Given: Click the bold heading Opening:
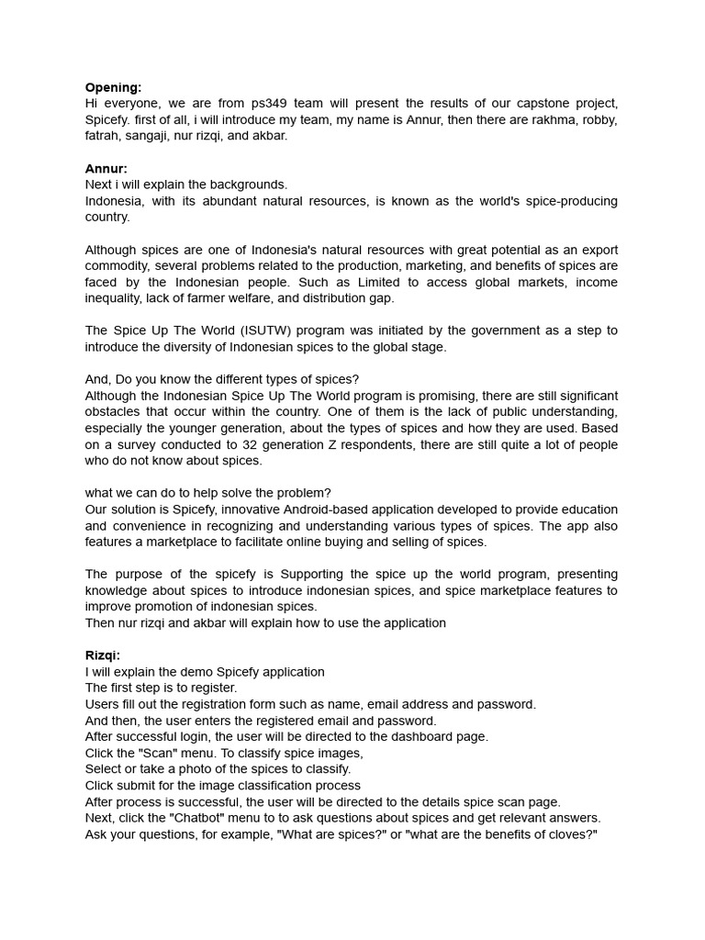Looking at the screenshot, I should [113, 87].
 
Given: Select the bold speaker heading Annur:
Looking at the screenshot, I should [106, 168].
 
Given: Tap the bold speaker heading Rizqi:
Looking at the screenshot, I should [103, 655].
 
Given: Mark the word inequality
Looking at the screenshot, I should [116, 298].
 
